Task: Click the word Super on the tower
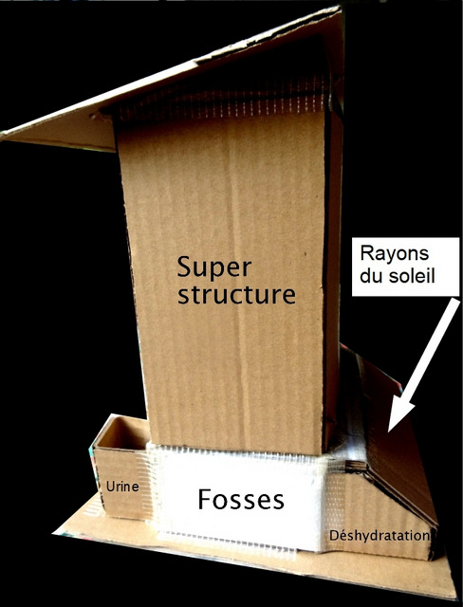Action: (x=214, y=268)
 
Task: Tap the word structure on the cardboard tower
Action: (x=236, y=294)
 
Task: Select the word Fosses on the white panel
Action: (x=241, y=500)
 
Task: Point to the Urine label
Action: (x=122, y=487)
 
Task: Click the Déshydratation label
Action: (x=379, y=535)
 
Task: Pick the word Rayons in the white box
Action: (x=394, y=254)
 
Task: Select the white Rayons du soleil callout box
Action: (x=405, y=267)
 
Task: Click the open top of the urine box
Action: (x=123, y=432)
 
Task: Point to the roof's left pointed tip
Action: (x=3, y=135)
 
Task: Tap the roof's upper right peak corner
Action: (x=339, y=8)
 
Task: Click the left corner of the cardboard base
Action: (x=54, y=533)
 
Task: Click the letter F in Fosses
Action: (x=205, y=500)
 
